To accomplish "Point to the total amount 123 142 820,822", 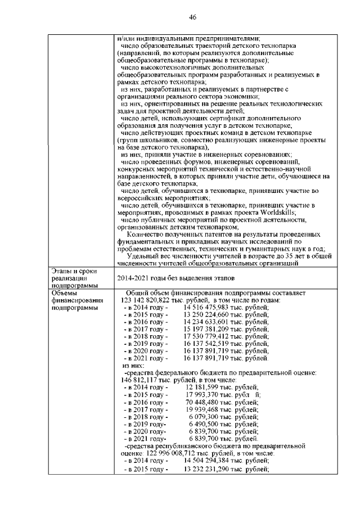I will tap(149, 300).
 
